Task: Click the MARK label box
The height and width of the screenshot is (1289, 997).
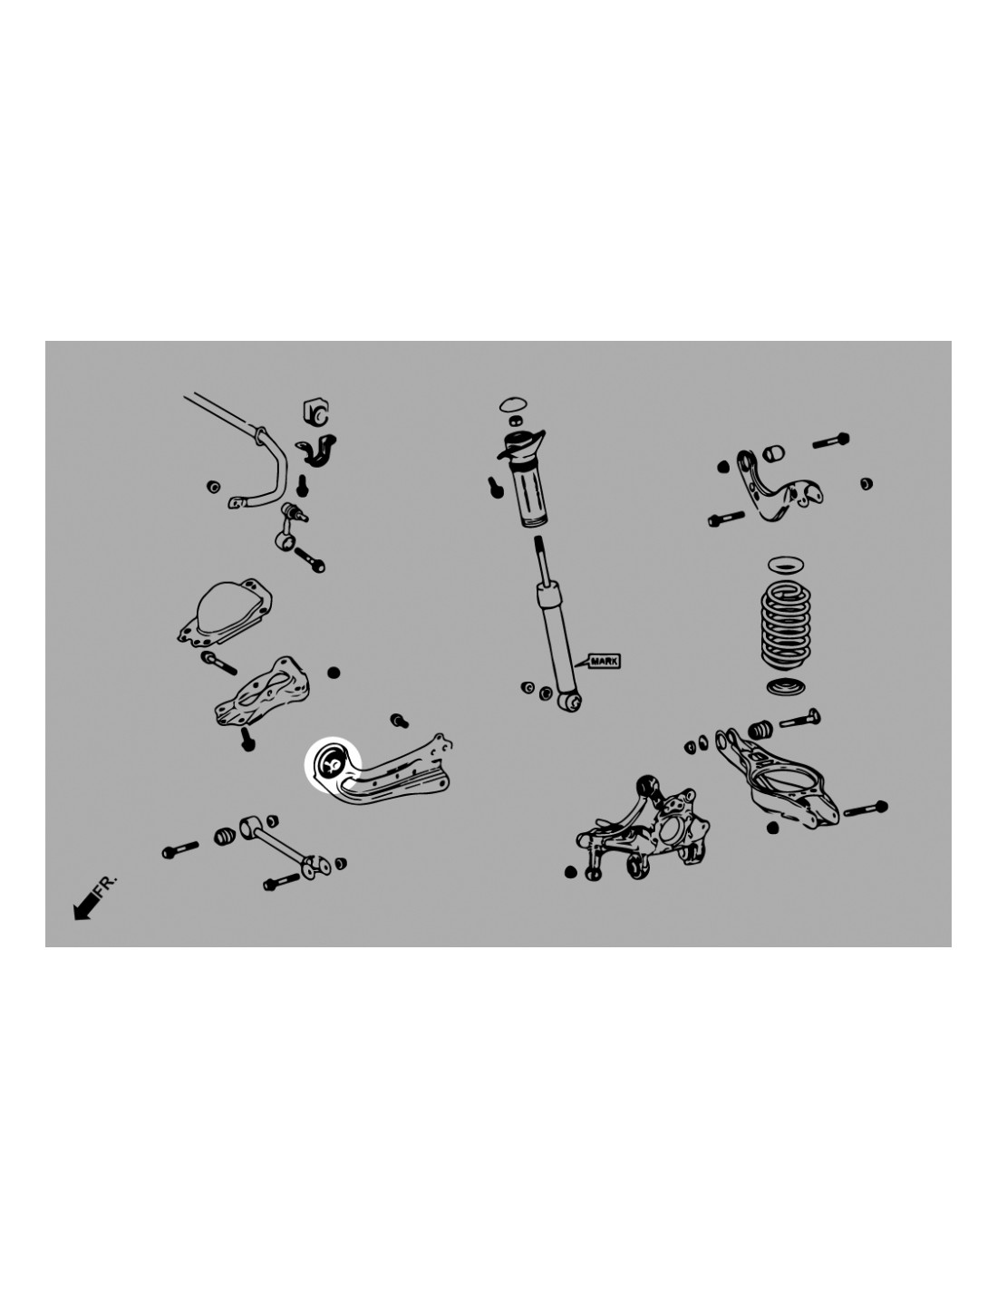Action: (x=603, y=661)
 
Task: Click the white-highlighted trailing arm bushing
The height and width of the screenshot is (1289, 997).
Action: (x=332, y=762)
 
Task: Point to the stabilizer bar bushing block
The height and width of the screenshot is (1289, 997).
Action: (x=315, y=411)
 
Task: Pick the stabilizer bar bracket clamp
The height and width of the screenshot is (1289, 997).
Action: (x=316, y=451)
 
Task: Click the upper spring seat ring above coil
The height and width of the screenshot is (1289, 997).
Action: (x=786, y=565)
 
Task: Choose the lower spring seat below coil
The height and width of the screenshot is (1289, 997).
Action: (x=786, y=687)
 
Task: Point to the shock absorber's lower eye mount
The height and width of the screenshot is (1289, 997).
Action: (x=570, y=702)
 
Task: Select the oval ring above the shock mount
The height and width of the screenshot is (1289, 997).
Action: (x=513, y=404)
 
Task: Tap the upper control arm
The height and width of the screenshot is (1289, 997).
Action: (x=776, y=489)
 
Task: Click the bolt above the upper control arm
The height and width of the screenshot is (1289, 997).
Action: (x=830, y=441)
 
